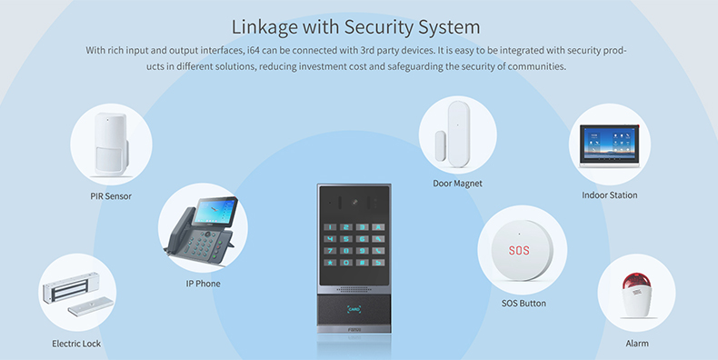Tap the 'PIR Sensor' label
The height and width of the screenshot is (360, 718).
[x=111, y=195]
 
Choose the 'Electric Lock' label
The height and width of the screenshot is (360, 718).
[x=76, y=344]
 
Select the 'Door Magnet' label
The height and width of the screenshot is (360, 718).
[x=457, y=183]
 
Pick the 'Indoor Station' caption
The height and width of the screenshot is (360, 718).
[x=609, y=195]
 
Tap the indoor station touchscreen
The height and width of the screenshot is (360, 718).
[x=610, y=143]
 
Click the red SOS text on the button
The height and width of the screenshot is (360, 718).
[x=518, y=249]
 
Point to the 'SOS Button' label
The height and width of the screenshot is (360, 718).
[x=524, y=303]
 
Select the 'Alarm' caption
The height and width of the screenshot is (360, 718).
[x=637, y=344]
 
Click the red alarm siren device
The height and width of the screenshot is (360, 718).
[x=637, y=296]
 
